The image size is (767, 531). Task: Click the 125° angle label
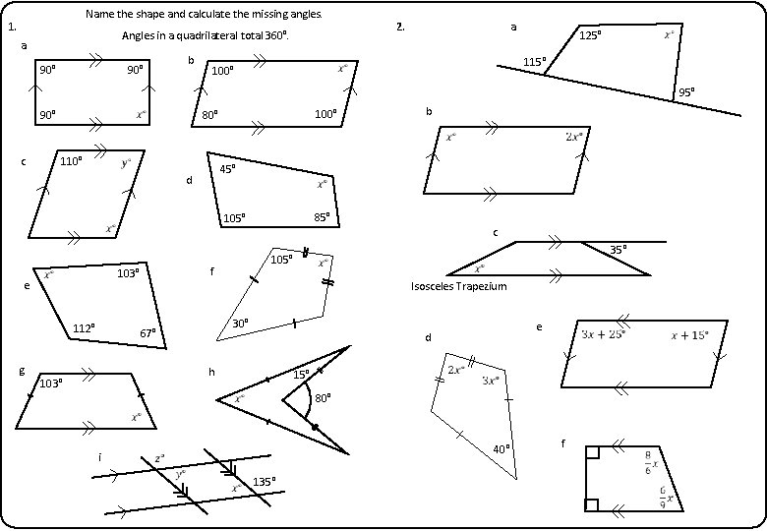click(590, 35)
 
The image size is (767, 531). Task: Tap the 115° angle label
click(535, 61)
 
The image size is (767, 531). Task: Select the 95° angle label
click(685, 93)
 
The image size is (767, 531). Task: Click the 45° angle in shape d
click(227, 169)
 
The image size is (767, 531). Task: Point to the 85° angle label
click(322, 217)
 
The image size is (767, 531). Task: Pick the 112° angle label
click(84, 327)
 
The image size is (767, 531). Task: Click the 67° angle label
click(147, 333)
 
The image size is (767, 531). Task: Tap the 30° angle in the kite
click(240, 324)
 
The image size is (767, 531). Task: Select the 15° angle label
click(301, 374)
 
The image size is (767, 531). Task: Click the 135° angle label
click(265, 482)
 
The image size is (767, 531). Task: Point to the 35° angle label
click(619, 250)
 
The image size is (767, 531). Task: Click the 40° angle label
click(501, 448)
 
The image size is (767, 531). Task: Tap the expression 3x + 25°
click(604, 334)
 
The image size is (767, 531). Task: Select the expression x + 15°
click(689, 334)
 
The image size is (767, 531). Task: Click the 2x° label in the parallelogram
click(574, 137)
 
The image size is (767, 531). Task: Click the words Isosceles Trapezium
click(458, 286)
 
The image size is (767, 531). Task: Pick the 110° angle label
click(71, 160)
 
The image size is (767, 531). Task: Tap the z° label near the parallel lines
click(159, 458)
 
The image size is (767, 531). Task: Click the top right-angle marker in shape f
click(592, 452)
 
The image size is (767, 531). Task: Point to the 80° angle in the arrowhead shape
click(323, 399)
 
